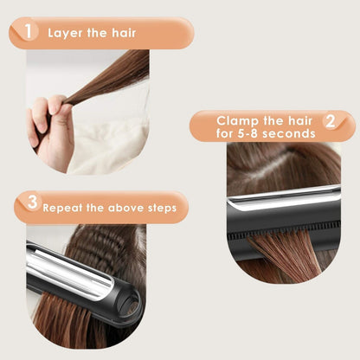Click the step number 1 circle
coord(30,33)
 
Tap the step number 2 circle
coord(329,122)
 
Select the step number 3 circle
coord(31,205)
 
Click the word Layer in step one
coord(66,34)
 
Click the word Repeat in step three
coord(64,208)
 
